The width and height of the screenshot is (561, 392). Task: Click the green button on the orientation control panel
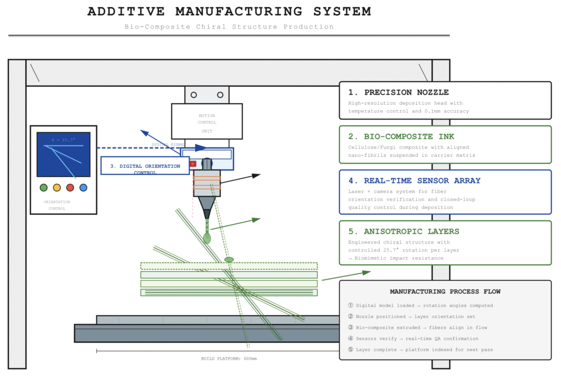tap(44, 188)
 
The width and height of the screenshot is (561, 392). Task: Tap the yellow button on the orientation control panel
tap(57, 188)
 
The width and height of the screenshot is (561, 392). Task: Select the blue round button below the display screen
tap(83, 188)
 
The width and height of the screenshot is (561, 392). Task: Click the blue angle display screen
tap(63, 155)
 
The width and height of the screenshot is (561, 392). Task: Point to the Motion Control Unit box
tap(207, 122)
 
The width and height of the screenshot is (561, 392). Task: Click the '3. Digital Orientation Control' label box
tap(141, 166)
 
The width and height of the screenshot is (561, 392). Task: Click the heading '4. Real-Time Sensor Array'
tap(414, 180)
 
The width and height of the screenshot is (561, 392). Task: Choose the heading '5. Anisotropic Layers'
tap(404, 231)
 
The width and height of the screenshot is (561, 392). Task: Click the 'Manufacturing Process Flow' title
tap(445, 292)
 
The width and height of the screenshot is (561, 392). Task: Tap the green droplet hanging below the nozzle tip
tap(207, 238)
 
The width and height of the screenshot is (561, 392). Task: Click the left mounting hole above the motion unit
tap(193, 95)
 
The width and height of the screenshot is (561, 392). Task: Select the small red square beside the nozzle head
tap(193, 163)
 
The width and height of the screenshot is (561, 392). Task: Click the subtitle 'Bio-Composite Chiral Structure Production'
tap(229, 27)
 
